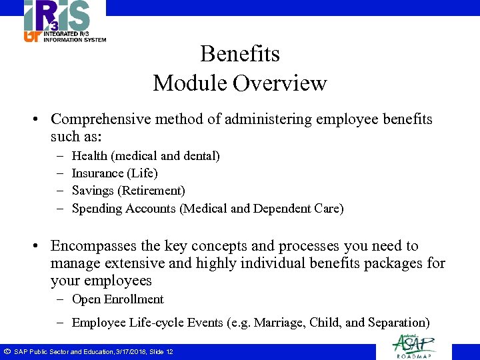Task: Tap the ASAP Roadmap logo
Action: [x=414, y=345]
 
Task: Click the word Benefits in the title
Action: [x=240, y=53]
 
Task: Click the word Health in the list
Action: [x=89, y=156]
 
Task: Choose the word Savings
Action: [x=93, y=191]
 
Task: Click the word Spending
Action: [x=96, y=209]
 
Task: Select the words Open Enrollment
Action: [x=117, y=299]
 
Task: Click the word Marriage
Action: [x=279, y=323]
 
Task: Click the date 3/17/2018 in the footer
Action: [x=130, y=351]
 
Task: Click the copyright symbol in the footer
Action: [x=6, y=351]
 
